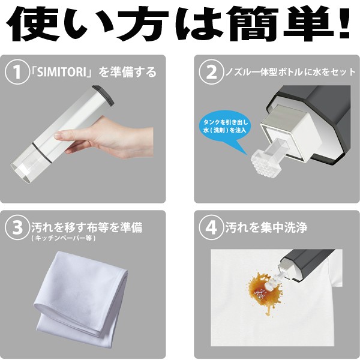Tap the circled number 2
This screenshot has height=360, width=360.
point(211,72)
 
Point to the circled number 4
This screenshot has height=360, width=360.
point(211,227)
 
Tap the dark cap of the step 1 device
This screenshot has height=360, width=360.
point(103,95)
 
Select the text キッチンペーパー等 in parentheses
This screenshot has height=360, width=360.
point(63,238)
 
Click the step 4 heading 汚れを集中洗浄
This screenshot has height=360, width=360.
point(266,227)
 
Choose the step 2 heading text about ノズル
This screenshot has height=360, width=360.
point(290,72)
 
